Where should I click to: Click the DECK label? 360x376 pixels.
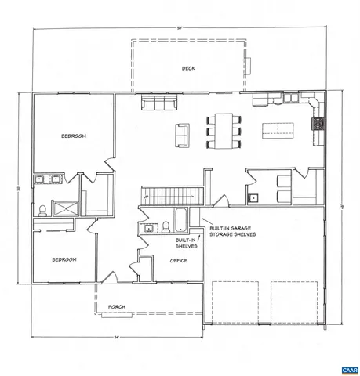(188, 68)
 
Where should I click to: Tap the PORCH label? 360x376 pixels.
(117, 306)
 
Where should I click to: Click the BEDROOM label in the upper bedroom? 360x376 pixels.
(74, 136)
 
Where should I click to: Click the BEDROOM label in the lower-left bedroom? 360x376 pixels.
(64, 259)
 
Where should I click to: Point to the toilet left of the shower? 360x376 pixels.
(41, 209)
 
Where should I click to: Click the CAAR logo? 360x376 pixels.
(349, 369)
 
